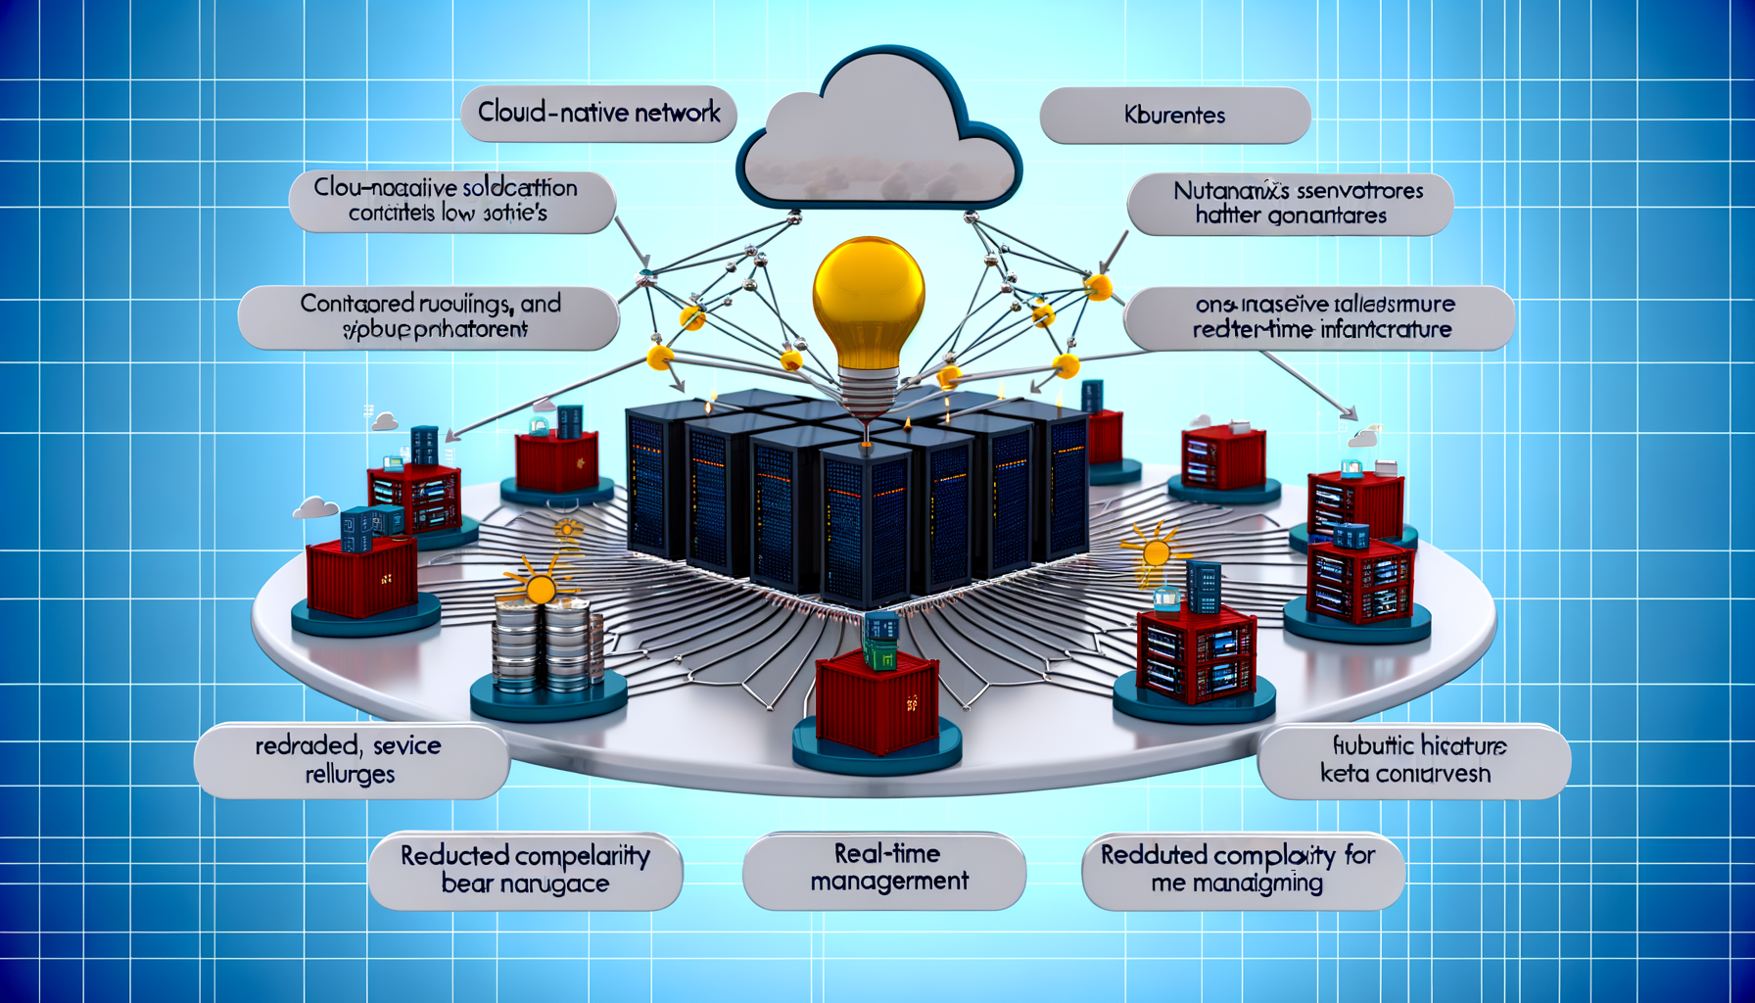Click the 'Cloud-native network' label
pyautogui.click(x=598, y=114)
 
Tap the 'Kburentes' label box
pyautogui.click(x=1174, y=116)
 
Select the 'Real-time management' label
pyautogui.click(x=887, y=869)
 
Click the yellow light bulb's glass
pyautogui.click(x=869, y=295)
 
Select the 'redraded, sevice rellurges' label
pyautogui.click(x=350, y=760)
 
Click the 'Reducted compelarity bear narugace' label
pyautogui.click(x=525, y=870)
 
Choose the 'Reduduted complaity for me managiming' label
pyautogui.click(x=1242, y=870)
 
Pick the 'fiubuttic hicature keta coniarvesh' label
pyautogui.click(x=1412, y=760)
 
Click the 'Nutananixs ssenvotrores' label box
pyautogui.click(x=1291, y=204)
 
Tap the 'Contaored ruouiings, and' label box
pyautogui.click(x=429, y=316)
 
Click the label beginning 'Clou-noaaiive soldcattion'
pyautogui.click(x=451, y=201)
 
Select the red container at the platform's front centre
pyautogui.click(x=877, y=701)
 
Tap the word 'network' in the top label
pyautogui.click(x=677, y=114)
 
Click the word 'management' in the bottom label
pyautogui.click(x=889, y=882)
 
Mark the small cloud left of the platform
pyautogui.click(x=315, y=507)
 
